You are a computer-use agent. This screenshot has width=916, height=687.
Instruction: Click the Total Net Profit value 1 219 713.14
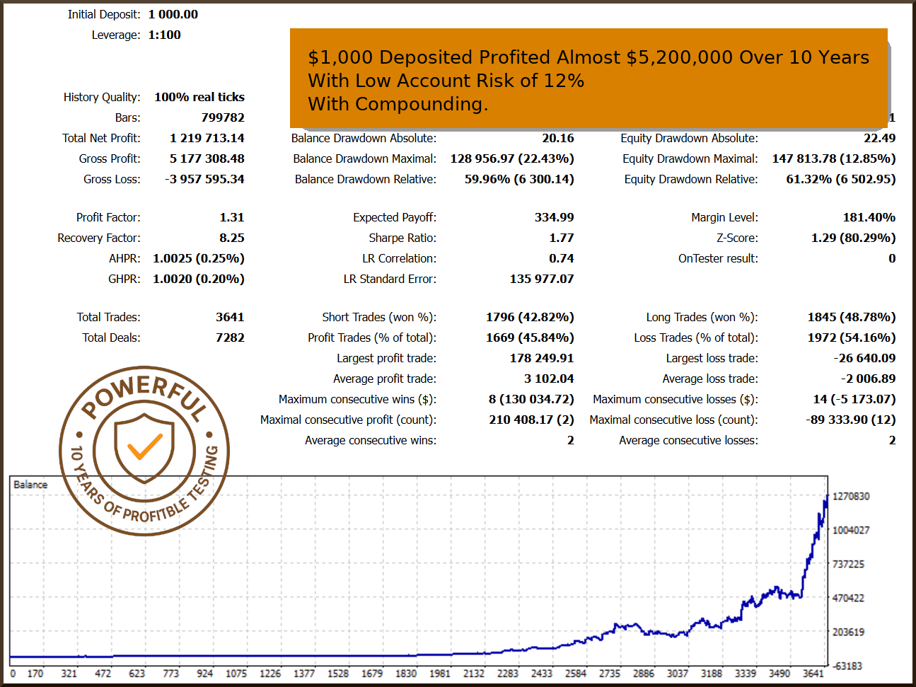click(207, 138)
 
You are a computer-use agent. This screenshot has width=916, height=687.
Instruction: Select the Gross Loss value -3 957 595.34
click(204, 179)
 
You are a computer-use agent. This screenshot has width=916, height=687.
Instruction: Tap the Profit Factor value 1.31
click(231, 217)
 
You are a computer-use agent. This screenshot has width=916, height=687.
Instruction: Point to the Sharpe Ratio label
click(402, 238)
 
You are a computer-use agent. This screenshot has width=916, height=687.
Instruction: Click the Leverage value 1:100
click(164, 35)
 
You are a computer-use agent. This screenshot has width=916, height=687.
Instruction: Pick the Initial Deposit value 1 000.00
click(173, 14)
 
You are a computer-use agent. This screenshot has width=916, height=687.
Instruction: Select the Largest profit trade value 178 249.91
click(541, 358)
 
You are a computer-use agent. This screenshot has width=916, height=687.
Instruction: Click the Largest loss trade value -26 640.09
click(864, 358)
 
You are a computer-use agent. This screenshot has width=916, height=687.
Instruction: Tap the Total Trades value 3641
click(230, 317)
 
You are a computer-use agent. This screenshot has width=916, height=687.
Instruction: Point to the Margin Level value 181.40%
click(869, 217)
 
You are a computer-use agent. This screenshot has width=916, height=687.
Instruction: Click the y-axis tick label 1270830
click(850, 496)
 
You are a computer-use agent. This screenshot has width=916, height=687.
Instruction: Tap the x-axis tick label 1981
click(439, 674)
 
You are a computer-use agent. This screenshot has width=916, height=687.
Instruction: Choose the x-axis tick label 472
click(103, 674)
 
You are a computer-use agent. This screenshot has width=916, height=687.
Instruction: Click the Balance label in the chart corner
click(30, 485)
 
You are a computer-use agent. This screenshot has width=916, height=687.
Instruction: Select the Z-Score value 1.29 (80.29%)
click(853, 238)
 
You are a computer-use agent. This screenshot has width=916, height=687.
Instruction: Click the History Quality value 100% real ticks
click(199, 97)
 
